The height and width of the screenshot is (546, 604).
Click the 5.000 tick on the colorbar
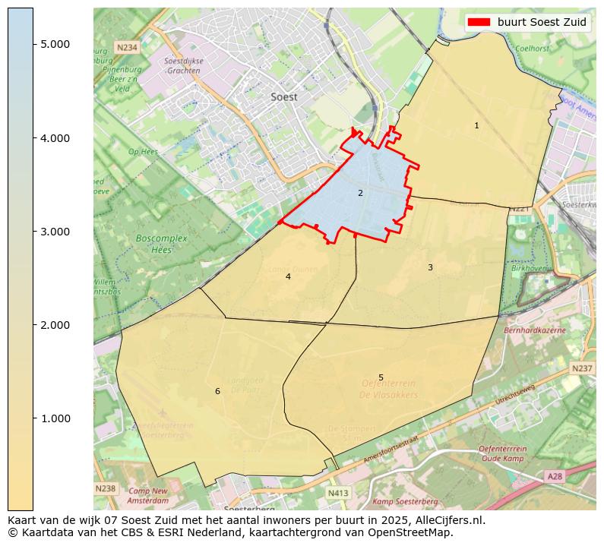pos(55,44)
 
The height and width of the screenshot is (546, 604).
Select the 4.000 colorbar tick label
pos(55,138)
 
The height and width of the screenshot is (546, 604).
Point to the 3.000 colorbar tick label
pos(55,232)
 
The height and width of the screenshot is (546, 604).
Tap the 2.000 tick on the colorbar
pos(55,325)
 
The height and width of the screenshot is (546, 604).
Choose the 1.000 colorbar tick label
pos(55,418)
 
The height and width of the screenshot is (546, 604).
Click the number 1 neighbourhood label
pos(476,126)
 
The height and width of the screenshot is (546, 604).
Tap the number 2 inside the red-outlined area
pos(360,193)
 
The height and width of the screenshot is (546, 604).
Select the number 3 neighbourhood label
pos(430,267)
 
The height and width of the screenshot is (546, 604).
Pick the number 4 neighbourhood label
pos(288,277)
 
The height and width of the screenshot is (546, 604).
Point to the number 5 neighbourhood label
pos(381,377)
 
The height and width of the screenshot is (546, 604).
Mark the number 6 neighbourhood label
pos(217,392)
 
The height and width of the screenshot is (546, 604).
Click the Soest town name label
pos(284,97)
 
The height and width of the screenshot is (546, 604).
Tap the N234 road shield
pos(127,47)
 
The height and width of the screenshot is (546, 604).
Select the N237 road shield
pos(581,368)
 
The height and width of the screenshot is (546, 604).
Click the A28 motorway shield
pos(555,476)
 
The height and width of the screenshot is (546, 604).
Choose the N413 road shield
pos(338,494)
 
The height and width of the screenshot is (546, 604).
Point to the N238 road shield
pos(106,488)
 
